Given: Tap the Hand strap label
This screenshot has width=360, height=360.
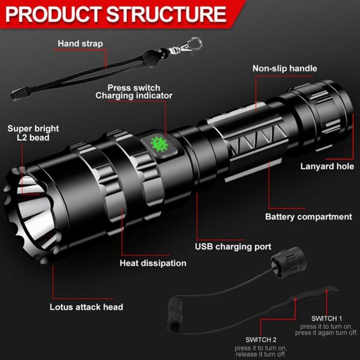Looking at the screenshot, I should [80, 44].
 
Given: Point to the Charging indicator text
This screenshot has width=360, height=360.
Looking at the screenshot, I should [134, 96].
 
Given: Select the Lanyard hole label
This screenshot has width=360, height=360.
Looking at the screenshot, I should [327, 166].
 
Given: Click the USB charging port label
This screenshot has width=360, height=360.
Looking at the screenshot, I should [233, 247].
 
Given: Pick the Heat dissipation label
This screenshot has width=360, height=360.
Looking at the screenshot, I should [153, 263].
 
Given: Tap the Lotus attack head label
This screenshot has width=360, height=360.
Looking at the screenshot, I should [86, 307].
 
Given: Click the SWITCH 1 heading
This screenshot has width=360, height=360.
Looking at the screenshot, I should [327, 318].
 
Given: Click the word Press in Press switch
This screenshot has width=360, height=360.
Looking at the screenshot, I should [121, 87].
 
